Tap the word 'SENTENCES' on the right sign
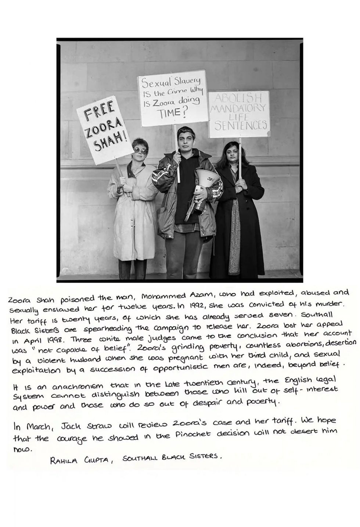241,126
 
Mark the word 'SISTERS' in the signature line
206,456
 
